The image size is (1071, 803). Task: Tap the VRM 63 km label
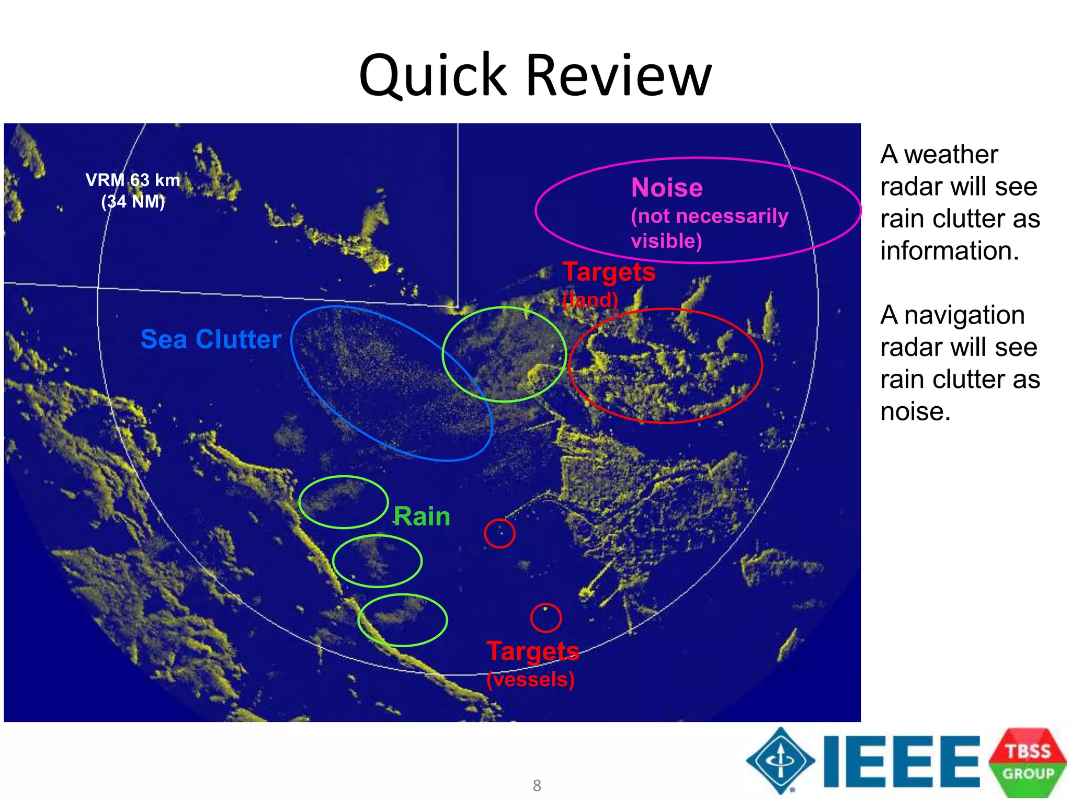point(133,180)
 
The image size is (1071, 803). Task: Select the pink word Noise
point(667,188)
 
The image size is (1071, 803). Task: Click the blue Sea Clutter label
point(211,339)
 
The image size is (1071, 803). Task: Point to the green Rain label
point(421,517)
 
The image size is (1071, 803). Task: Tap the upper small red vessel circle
point(499,533)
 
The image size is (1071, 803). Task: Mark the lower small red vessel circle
point(546,617)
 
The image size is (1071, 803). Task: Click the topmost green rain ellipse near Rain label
point(344,502)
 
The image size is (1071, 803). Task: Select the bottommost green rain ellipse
point(403,620)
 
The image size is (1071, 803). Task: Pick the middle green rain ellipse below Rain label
point(377,561)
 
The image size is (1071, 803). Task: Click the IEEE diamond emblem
point(780,761)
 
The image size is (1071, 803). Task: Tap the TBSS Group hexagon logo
point(1028,762)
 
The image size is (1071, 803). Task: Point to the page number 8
point(537,785)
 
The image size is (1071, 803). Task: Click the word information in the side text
point(949,251)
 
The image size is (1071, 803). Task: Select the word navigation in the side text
point(964,315)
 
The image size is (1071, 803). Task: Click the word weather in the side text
point(951,155)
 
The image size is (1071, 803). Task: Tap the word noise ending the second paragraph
point(915,411)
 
